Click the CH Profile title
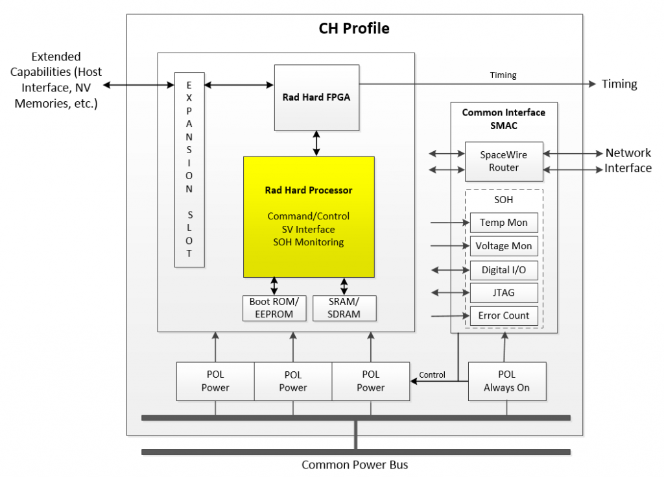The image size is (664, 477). click(x=354, y=29)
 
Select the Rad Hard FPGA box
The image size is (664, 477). click(x=316, y=97)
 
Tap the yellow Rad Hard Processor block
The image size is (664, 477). click(x=309, y=217)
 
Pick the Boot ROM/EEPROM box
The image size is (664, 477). click(x=274, y=308)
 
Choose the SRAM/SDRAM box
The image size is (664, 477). click(x=344, y=308)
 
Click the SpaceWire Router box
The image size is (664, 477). click(x=504, y=161)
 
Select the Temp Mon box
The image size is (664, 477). click(x=504, y=223)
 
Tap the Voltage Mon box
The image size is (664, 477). click(x=504, y=246)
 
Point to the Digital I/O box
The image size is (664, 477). click(x=504, y=269)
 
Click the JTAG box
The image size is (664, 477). click(x=504, y=293)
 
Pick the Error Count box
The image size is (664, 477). click(x=504, y=316)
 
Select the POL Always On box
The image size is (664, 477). click(x=506, y=381)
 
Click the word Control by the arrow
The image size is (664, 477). click(x=432, y=374)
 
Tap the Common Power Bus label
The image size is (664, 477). click(x=355, y=465)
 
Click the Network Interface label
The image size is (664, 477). click(x=628, y=161)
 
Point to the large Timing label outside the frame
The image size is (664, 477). click(x=619, y=84)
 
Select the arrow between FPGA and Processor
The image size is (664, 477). click(x=316, y=143)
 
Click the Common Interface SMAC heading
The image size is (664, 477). click(x=504, y=119)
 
